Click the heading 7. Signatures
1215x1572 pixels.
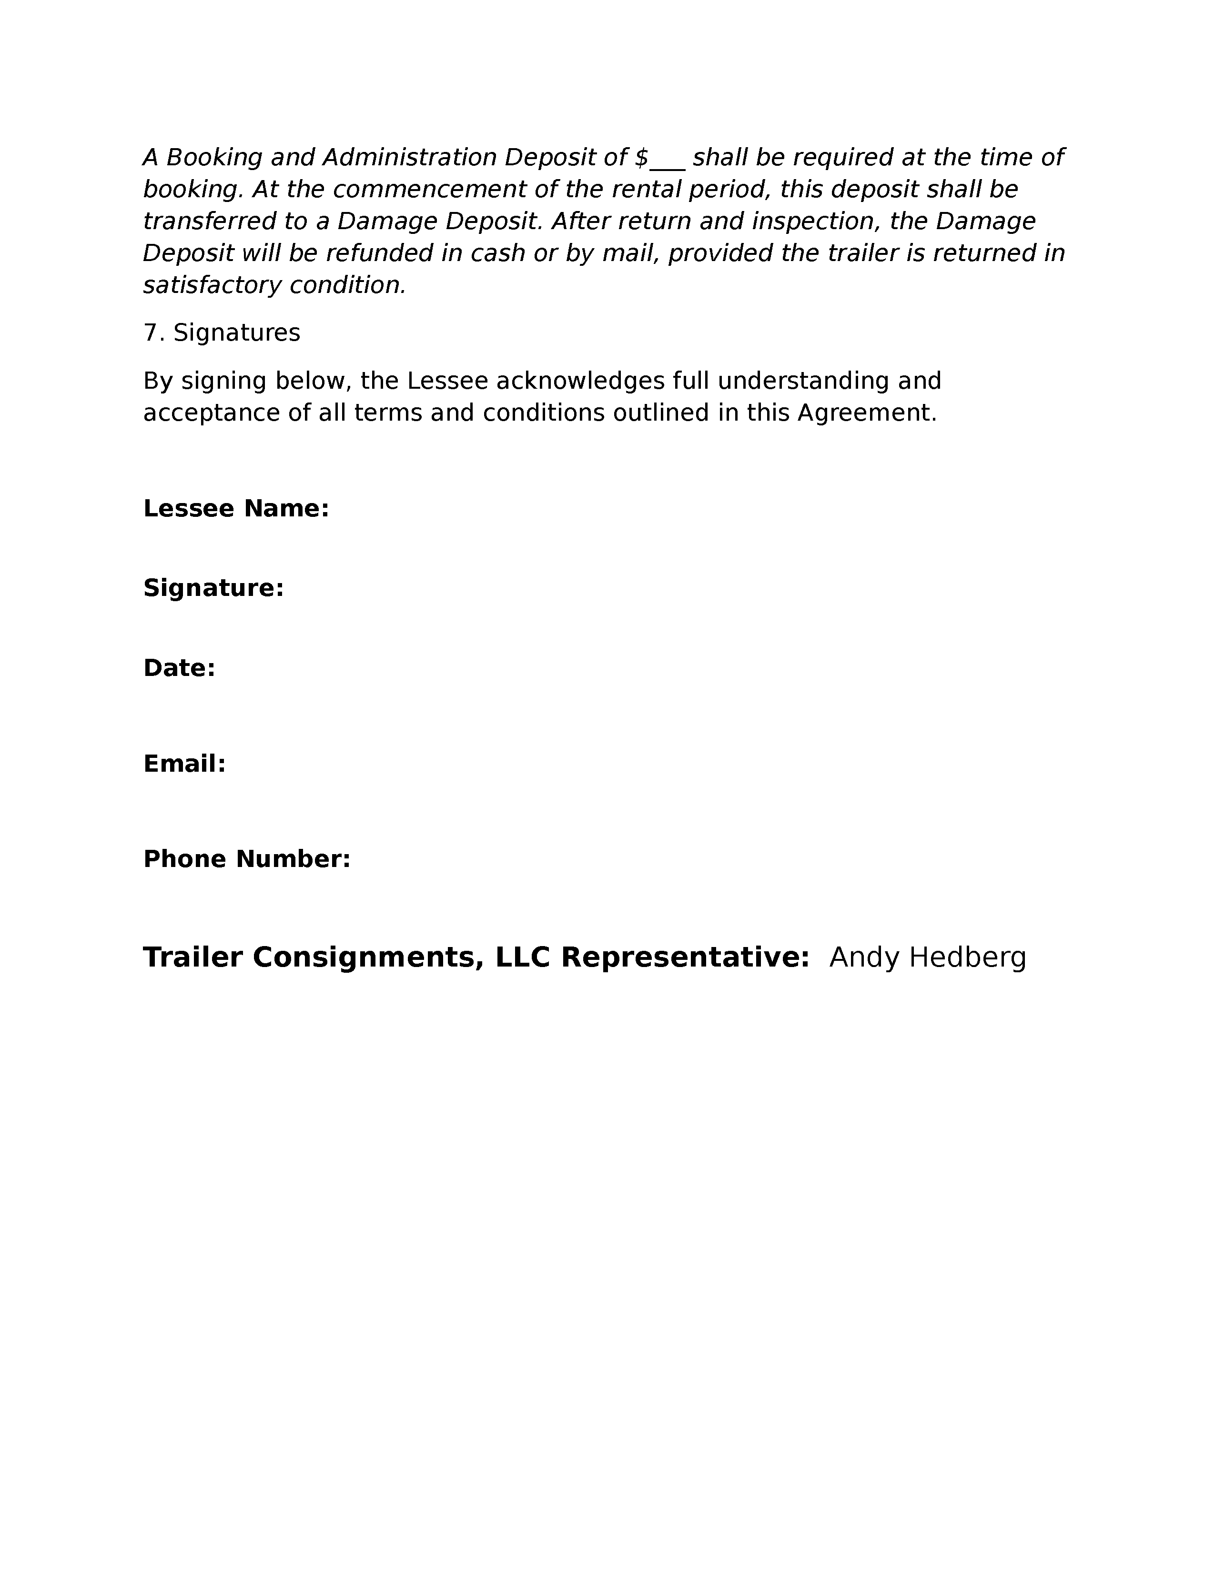222,333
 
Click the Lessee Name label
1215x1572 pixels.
236,509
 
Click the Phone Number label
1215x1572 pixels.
246,859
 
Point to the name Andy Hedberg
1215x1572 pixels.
927,958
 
